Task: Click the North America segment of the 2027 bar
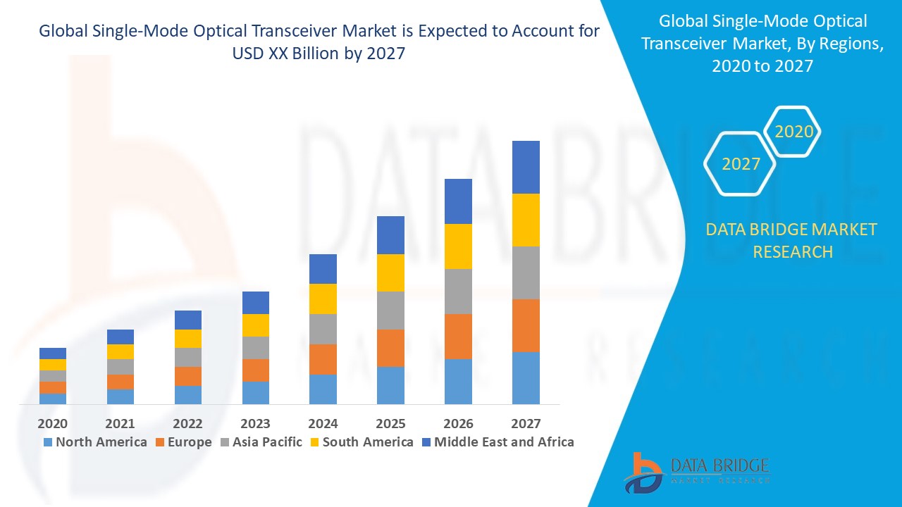click(x=526, y=377)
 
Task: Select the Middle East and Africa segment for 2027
click(x=526, y=167)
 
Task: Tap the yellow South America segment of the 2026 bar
click(x=458, y=246)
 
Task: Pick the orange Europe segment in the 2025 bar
click(x=390, y=348)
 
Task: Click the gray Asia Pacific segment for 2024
click(x=323, y=329)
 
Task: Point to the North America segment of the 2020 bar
click(x=53, y=399)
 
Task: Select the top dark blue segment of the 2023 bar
click(x=255, y=303)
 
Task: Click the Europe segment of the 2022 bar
click(x=187, y=376)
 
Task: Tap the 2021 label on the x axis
click(x=120, y=424)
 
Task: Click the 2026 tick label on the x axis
click(x=458, y=424)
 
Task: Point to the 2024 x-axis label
click(x=323, y=424)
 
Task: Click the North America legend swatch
click(x=48, y=443)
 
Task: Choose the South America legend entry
click(x=361, y=442)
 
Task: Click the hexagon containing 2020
click(x=793, y=132)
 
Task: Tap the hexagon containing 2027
click(x=741, y=164)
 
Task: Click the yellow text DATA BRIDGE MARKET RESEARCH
click(x=792, y=241)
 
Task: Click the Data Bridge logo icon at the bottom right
click(x=642, y=472)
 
